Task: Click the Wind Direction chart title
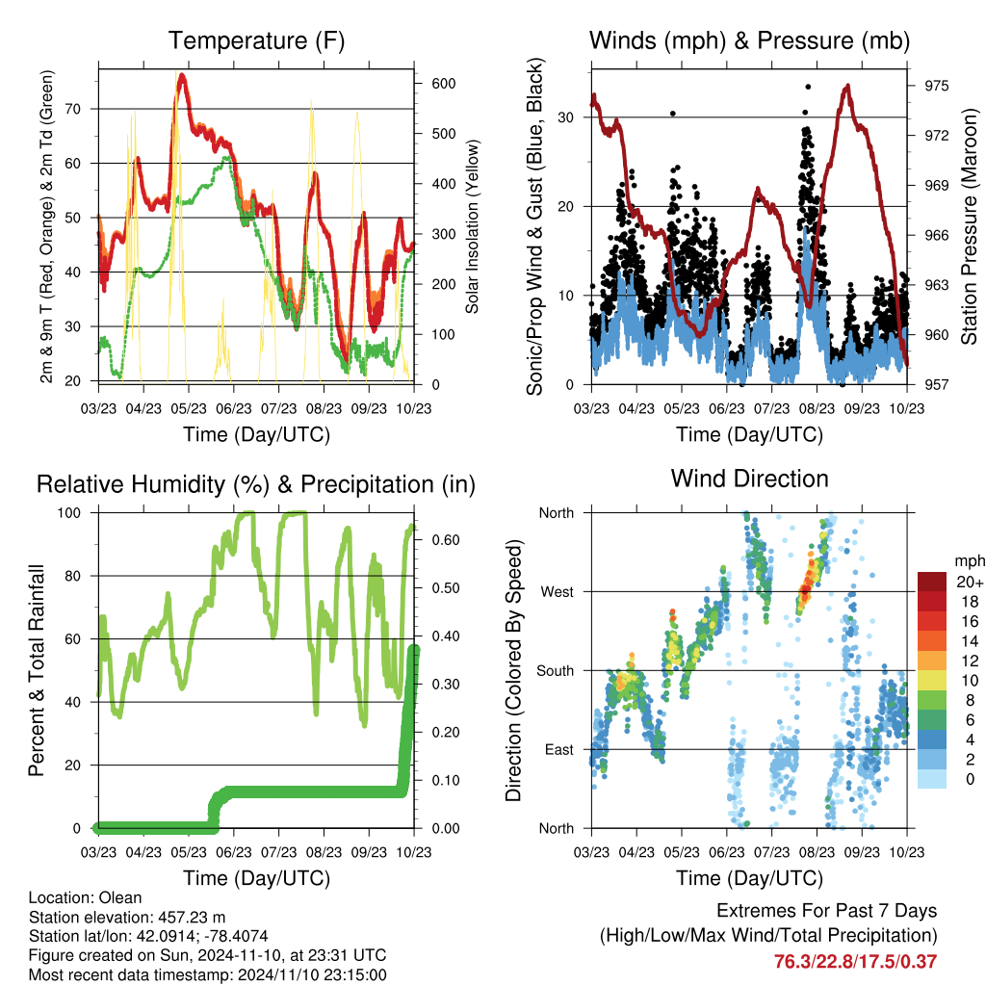pos(749,479)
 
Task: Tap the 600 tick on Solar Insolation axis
pos(443,84)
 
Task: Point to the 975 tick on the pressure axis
pos(935,86)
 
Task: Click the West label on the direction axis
pos(556,591)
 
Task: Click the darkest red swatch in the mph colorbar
pos(931,582)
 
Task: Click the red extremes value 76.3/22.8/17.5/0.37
pos(855,961)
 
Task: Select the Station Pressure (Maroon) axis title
pos(969,223)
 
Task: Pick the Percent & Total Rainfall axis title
pos(36,670)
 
